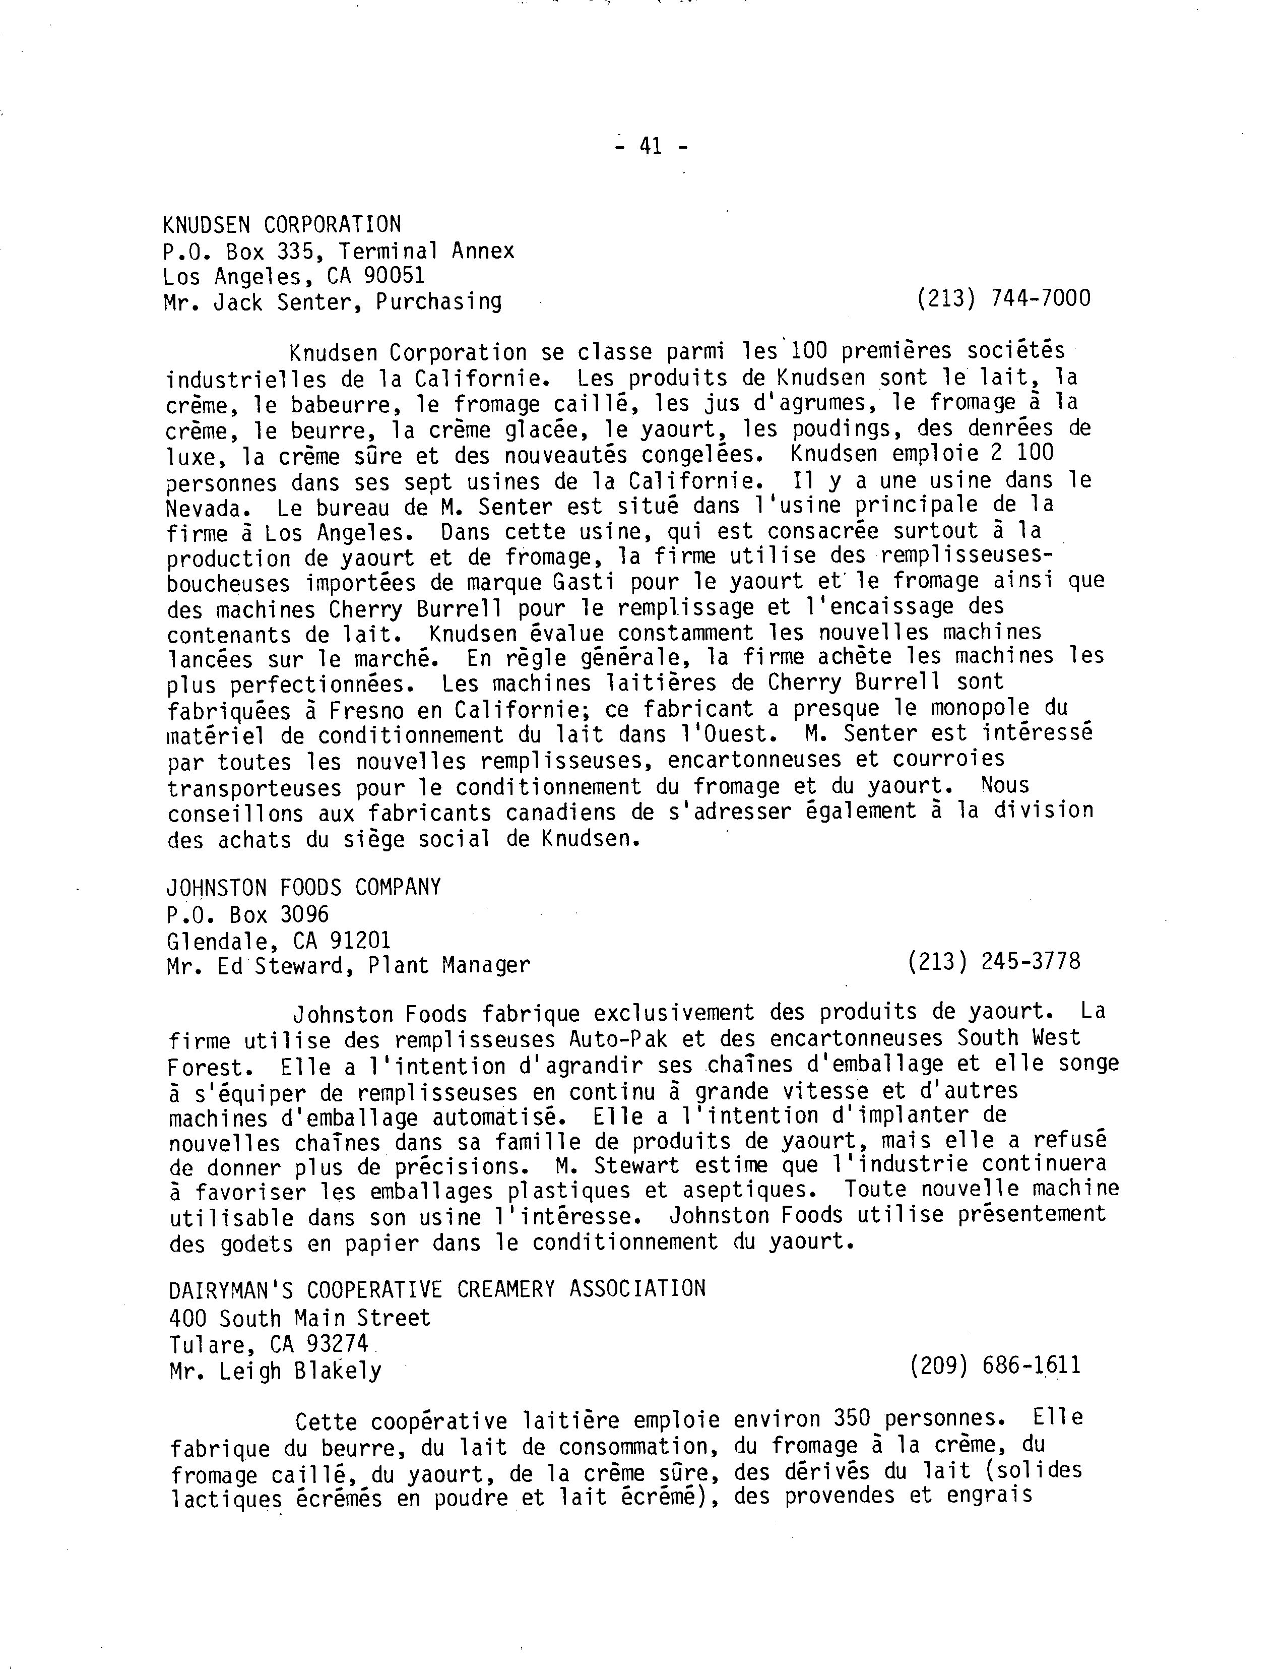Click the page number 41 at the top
[651, 146]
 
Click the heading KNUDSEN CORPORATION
[282, 225]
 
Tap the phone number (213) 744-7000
[1003, 298]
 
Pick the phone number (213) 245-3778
[994, 961]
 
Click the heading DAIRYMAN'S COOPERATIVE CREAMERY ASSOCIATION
[437, 1289]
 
